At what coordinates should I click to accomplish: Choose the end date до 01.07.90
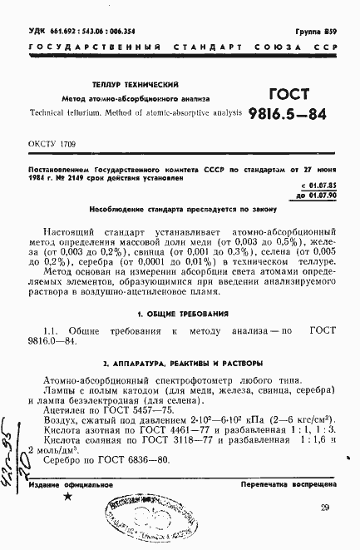[x=327, y=194]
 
